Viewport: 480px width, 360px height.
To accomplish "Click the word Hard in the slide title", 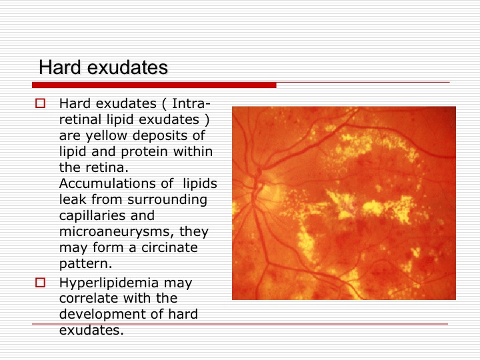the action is pyautogui.click(x=60, y=67).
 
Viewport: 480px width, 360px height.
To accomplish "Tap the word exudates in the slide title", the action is pyautogui.click(x=127, y=67).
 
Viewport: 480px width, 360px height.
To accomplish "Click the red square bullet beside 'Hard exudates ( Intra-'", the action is pyautogui.click(x=41, y=103).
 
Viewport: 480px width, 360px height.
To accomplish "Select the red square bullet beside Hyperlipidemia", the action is pyautogui.click(x=41, y=282).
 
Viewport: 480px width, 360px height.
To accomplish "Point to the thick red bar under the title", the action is pyautogui.click(x=154, y=85).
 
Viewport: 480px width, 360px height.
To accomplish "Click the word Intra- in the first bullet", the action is pyautogui.click(x=191, y=103).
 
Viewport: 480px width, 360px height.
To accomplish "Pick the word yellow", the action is pyautogui.click(x=106, y=135).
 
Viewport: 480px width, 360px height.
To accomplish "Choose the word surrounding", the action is pyautogui.click(x=167, y=200).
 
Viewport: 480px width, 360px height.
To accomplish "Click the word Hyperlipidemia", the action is pyautogui.click(x=109, y=283).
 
